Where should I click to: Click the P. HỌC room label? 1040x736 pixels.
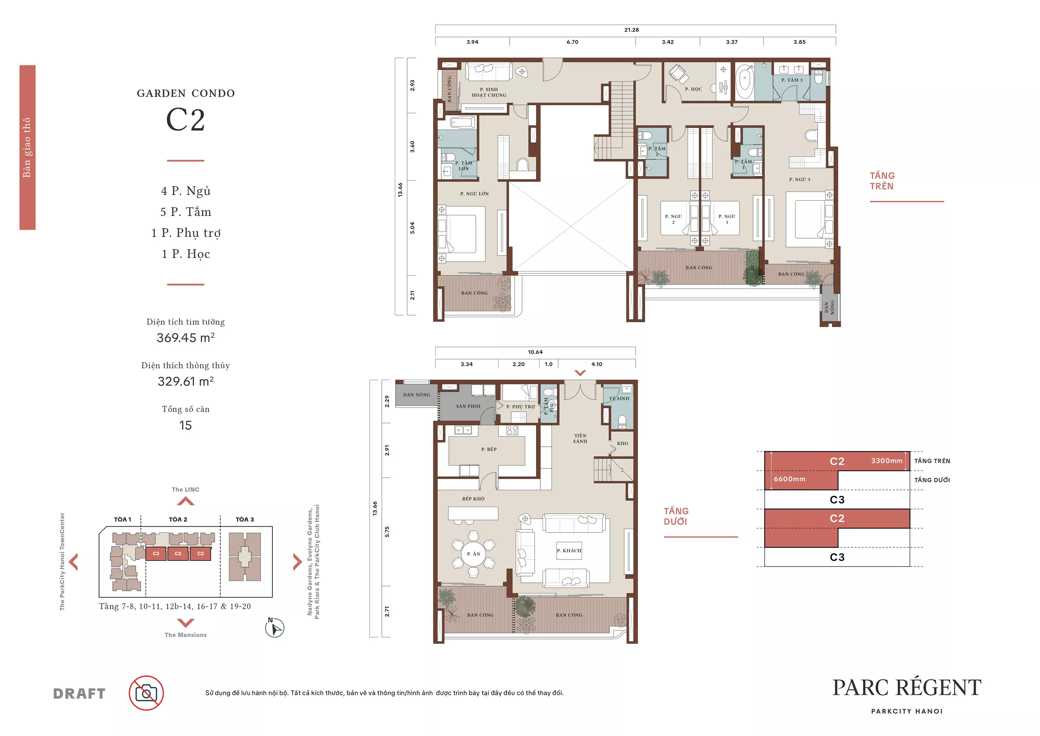693,89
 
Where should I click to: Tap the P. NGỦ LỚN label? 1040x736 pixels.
474,194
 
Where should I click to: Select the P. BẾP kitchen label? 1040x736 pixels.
489,449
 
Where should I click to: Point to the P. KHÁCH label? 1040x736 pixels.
569,551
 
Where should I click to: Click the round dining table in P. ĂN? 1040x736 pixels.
473,554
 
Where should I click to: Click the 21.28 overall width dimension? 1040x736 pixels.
631,30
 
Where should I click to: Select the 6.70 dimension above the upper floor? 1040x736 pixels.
572,42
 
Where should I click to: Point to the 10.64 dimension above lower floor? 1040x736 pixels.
535,352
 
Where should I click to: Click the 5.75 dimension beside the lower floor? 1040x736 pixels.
387,532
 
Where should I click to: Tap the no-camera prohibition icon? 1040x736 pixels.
146,693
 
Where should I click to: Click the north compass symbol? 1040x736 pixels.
275,628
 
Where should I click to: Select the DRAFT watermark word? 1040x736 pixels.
79,694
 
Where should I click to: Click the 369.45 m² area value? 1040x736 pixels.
186,338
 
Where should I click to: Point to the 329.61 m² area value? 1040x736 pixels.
186,381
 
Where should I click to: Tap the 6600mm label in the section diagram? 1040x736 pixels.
790,479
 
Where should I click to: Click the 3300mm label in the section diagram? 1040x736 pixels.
886,460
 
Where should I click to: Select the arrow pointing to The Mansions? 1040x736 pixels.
186,623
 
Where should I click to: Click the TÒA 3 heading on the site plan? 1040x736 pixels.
245,520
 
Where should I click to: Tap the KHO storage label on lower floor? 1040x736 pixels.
622,443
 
